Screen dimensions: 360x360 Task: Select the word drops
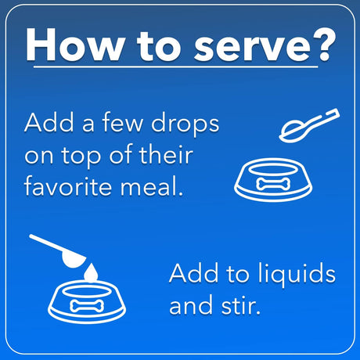(x=185, y=124)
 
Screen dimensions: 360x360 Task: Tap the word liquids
(x=297, y=275)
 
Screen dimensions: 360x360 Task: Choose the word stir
(x=241, y=304)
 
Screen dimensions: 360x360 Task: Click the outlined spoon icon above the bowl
(x=309, y=125)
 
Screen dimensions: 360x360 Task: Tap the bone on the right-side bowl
(x=273, y=184)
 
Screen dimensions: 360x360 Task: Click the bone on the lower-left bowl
(x=87, y=306)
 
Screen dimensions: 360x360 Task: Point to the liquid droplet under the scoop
(x=91, y=273)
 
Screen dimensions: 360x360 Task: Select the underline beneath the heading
(x=176, y=67)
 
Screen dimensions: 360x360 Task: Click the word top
(x=81, y=156)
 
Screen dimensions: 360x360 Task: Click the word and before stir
(x=191, y=304)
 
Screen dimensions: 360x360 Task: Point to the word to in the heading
(x=159, y=46)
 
